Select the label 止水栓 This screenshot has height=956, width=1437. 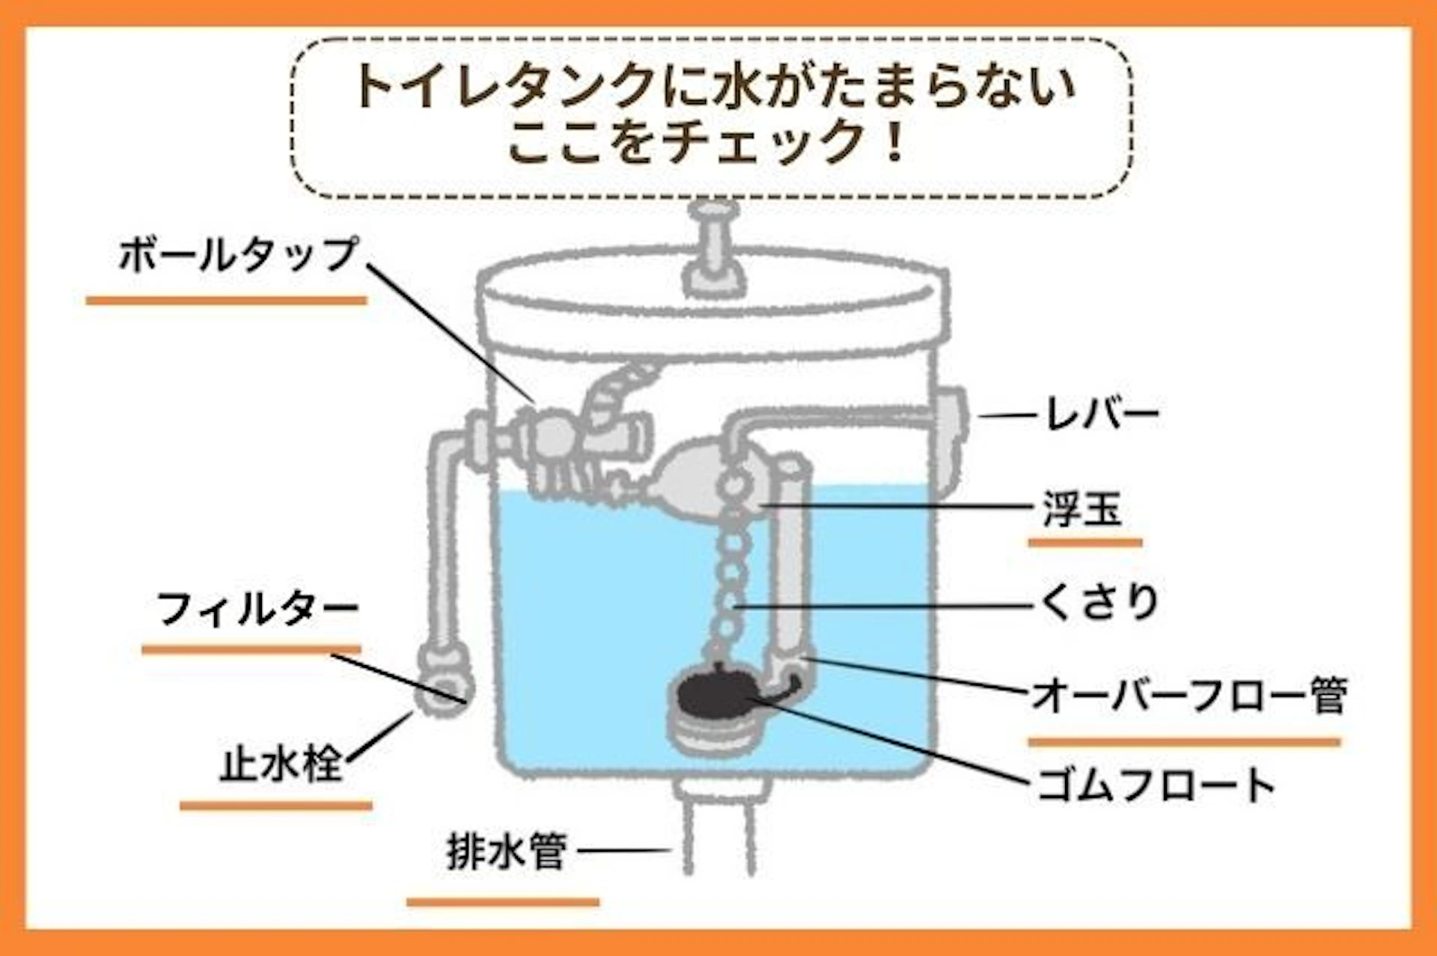(x=280, y=765)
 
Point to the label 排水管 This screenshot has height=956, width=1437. (x=506, y=851)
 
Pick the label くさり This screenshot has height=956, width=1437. (x=1099, y=601)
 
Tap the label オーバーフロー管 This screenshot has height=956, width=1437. (x=1189, y=695)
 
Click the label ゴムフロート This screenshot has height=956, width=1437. (x=1155, y=785)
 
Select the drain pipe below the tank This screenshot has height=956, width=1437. (x=719, y=830)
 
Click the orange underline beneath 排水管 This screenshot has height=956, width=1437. (x=503, y=902)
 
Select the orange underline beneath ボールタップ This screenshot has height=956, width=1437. (x=226, y=301)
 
